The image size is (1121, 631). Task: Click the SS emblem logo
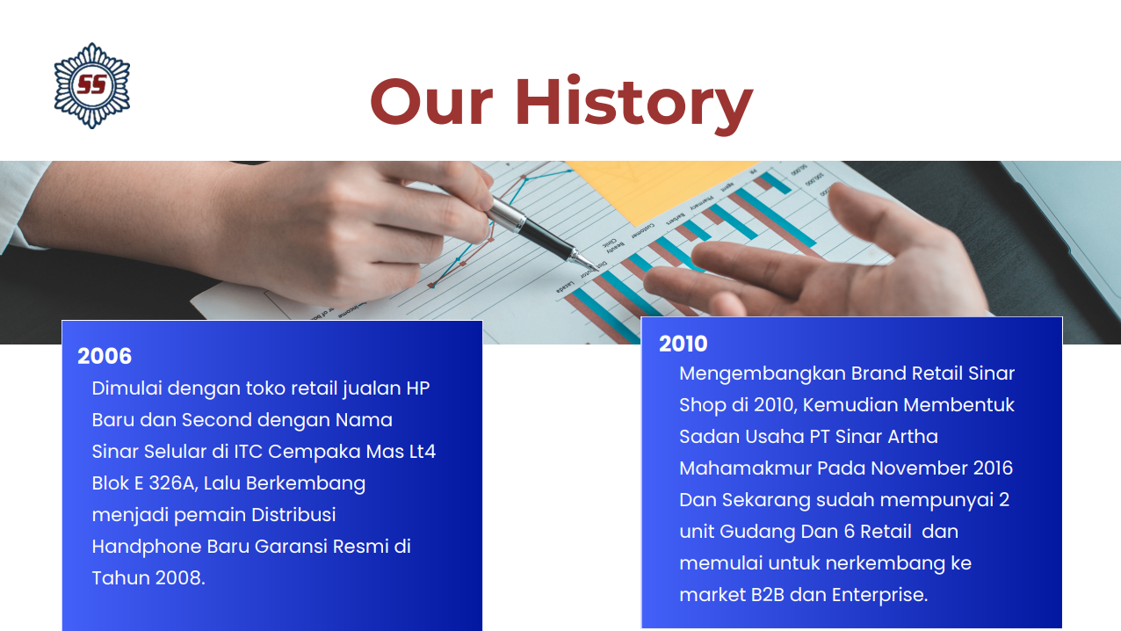92,85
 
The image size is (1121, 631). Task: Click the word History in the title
634,103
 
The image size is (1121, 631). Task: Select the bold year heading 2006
105,356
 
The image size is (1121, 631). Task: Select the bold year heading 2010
683,344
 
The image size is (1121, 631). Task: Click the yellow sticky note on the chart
661,191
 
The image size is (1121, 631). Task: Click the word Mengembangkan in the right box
763,374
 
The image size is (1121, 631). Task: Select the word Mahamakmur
745,468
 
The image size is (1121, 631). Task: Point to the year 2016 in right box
993,468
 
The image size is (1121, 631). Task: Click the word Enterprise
879,596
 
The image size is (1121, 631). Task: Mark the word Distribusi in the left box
293,515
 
